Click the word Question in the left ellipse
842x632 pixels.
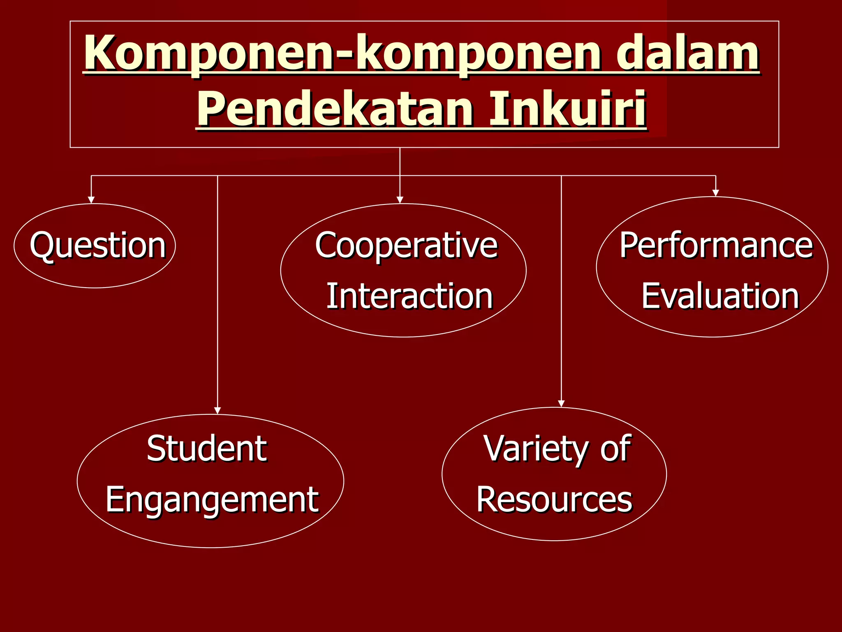97,246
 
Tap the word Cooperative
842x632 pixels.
406,246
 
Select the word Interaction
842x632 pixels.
409,296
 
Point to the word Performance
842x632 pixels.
716,245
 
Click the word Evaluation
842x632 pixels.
720,296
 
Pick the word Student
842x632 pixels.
207,449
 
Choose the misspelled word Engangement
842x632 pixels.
212,500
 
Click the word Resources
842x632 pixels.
554,500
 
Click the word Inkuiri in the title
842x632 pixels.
567,109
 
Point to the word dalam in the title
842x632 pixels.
687,53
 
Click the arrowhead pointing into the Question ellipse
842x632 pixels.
91,200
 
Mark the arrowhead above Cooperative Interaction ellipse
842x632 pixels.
400,200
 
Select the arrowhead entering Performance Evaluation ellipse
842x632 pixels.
716,193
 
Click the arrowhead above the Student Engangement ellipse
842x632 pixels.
217,410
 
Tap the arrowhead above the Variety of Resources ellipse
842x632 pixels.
561,404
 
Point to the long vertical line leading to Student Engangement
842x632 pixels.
217,288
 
